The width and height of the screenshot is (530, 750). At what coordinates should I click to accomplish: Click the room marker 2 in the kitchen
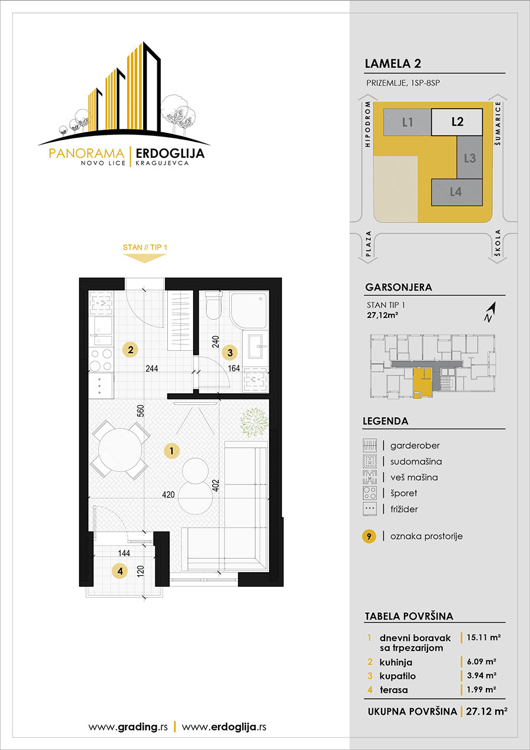pos(130,350)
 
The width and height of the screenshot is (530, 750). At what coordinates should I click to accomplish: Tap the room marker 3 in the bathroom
pos(230,352)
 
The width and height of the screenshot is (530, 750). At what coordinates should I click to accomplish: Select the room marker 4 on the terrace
pos(120,571)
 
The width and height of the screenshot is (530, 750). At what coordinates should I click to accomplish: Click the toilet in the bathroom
pos(213,305)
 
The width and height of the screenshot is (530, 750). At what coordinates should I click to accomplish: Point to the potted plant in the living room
pos(254,423)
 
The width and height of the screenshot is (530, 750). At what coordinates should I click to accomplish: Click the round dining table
pos(120,450)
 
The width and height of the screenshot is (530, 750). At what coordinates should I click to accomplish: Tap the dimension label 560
pos(141,411)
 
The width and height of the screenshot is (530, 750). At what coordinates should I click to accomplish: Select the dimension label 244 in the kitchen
pos(152,369)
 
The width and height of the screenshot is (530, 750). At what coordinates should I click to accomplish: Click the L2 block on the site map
pos(457,122)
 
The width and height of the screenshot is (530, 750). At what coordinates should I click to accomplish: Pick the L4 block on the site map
pos(456,192)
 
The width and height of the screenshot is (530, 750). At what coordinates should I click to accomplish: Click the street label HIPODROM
pos(368,124)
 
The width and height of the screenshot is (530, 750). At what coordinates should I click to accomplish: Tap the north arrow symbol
pos(490,312)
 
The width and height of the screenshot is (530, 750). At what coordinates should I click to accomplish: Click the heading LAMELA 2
pos(393,64)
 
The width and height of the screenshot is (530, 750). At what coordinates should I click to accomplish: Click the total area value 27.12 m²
pos(486,711)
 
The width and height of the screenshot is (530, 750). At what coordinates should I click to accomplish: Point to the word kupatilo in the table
pos(397,676)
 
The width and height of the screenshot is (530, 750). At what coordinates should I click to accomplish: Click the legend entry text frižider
pos(404,509)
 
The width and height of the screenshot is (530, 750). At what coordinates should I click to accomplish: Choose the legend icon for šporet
pos(369,493)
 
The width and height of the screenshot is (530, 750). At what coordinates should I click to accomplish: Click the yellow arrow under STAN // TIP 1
pos(145,258)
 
